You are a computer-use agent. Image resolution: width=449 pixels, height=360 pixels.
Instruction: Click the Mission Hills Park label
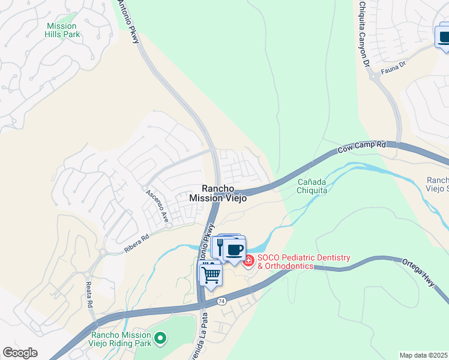(61, 30)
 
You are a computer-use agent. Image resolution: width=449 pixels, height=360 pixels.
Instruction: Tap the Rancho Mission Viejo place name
(218, 193)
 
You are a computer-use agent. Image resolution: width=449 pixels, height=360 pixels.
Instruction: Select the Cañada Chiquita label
(312, 186)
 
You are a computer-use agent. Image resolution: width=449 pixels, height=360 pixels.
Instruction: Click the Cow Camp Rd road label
(361, 147)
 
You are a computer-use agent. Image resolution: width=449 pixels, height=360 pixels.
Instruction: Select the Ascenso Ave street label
(155, 205)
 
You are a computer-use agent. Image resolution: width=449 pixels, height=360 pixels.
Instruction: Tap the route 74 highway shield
(221, 300)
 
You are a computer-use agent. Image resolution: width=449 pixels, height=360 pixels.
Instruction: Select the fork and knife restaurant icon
(220, 247)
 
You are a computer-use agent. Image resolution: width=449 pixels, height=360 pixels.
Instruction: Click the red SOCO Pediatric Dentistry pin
(249, 260)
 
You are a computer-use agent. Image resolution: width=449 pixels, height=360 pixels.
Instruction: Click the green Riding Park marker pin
(160, 339)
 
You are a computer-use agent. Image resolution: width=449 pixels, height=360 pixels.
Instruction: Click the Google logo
(20, 353)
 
